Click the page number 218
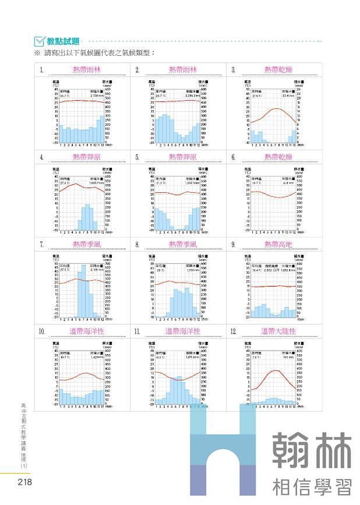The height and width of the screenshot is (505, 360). click(24, 482)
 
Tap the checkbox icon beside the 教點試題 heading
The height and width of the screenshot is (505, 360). click(40, 41)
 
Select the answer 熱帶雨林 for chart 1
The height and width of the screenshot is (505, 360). click(87, 69)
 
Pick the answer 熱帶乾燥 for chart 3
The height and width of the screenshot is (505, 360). click(278, 69)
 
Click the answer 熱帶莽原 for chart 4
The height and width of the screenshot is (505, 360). click(87, 157)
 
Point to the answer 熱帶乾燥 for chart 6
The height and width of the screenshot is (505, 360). click(278, 157)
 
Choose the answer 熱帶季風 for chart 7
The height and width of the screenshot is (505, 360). click(87, 244)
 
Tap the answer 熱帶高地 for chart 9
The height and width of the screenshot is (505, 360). click(278, 244)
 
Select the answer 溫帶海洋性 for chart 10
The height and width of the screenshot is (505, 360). click(87, 331)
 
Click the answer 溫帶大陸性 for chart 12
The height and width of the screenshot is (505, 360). click(278, 331)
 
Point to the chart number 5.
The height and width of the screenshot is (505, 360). click(137, 157)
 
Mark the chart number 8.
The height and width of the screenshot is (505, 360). click(137, 245)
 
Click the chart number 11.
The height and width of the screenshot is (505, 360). click(137, 331)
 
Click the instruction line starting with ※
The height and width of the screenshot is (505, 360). click(93, 53)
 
